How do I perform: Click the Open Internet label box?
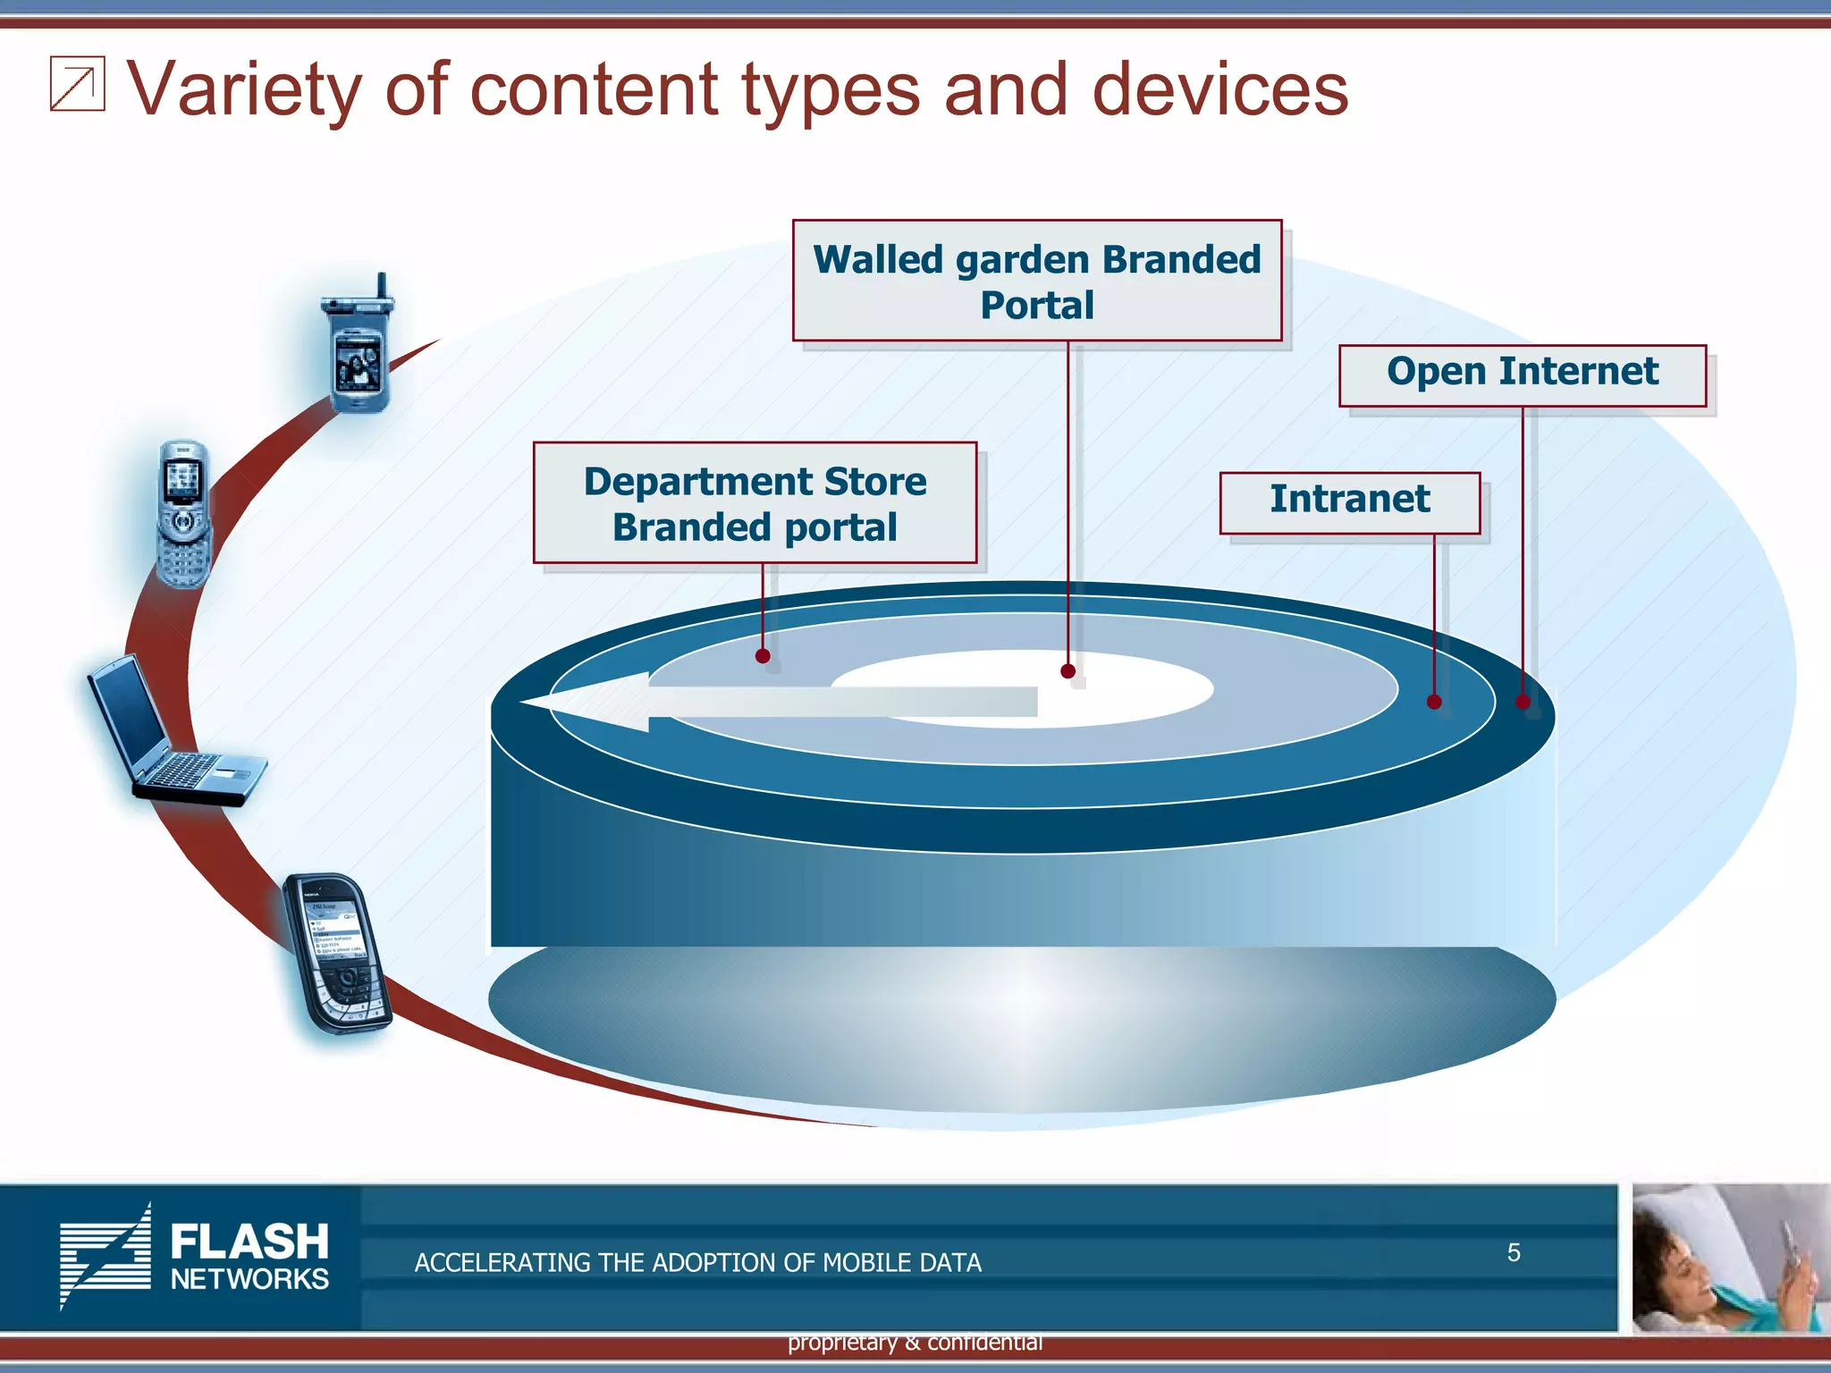(x=1522, y=375)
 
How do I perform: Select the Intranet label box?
(x=1349, y=502)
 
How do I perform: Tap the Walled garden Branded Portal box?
(x=1036, y=281)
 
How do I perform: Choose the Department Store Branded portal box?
(x=755, y=502)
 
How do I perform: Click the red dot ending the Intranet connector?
(x=1434, y=702)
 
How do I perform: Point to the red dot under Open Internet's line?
(x=1523, y=702)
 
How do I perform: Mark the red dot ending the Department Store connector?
(x=763, y=656)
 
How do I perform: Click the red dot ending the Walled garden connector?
(x=1067, y=671)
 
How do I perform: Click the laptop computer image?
(x=174, y=733)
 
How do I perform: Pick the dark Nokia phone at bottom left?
(x=337, y=953)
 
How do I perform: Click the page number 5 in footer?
(x=1513, y=1252)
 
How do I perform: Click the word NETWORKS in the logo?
(x=249, y=1279)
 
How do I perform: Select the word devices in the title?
(x=1219, y=89)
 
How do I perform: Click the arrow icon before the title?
(x=77, y=84)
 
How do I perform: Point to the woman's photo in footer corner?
(x=1730, y=1258)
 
